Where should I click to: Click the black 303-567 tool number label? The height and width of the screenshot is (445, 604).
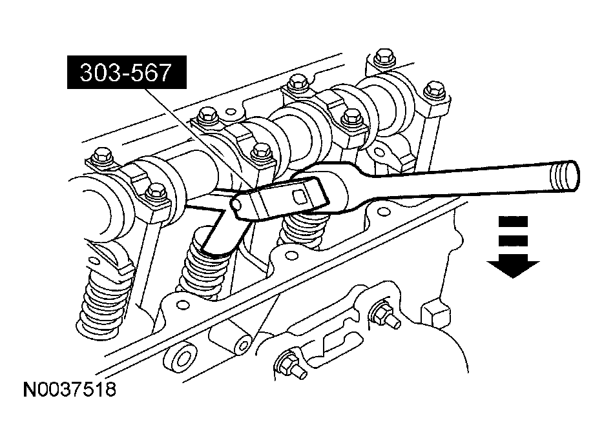(x=126, y=74)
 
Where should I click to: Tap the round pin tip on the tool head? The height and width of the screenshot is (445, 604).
(x=236, y=205)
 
